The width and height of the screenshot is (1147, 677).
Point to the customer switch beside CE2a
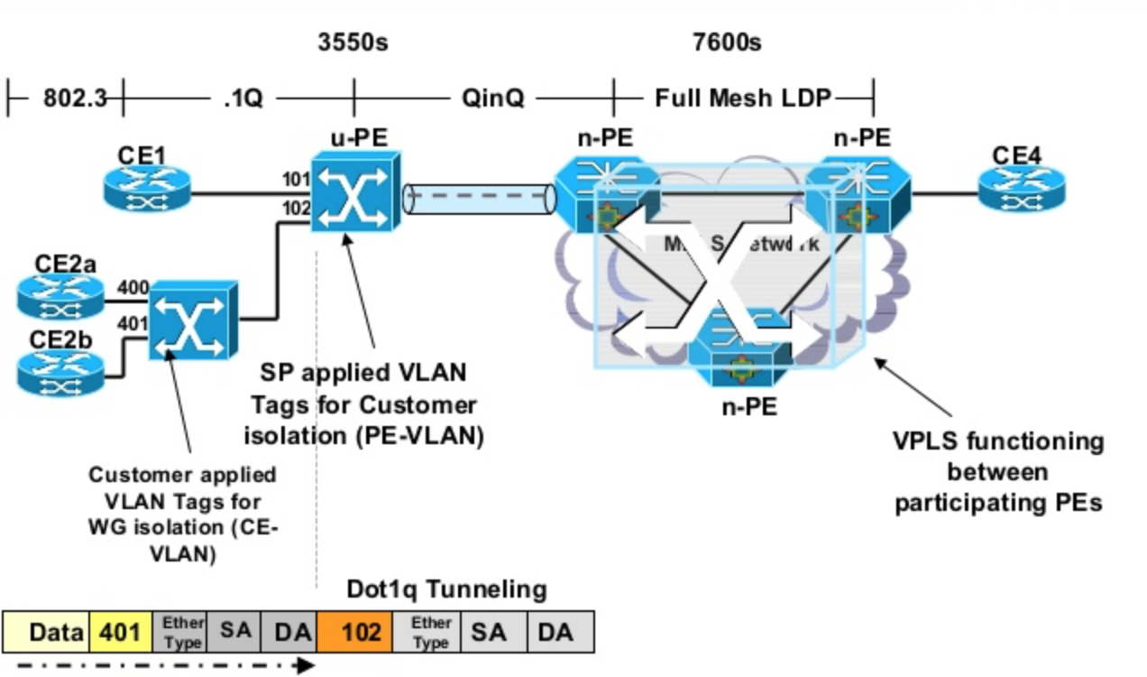pyautogui.click(x=192, y=320)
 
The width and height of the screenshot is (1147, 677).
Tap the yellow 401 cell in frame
pyautogui.click(x=120, y=631)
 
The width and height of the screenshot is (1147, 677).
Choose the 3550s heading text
pyautogui.click(x=353, y=42)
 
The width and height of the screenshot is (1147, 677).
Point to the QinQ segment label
pyautogui.click(x=492, y=97)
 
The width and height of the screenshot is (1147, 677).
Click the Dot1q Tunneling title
pyautogui.click(x=446, y=589)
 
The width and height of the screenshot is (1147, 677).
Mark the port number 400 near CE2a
pyautogui.click(x=132, y=288)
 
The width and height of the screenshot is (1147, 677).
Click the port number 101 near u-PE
pyautogui.click(x=296, y=179)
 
